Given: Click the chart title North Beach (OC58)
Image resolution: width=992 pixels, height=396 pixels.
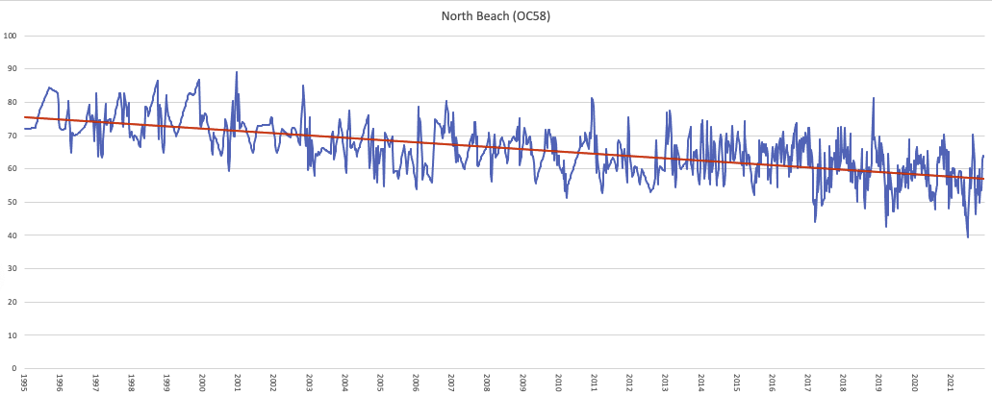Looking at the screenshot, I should click(496, 16).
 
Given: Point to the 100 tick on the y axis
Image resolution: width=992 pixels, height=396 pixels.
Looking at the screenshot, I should click(12, 36).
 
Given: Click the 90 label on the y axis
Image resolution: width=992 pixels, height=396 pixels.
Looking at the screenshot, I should click(12, 69).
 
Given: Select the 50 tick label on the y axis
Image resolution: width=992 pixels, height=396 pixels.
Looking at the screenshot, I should click(12, 202).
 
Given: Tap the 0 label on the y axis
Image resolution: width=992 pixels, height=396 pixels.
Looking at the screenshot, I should click(14, 368).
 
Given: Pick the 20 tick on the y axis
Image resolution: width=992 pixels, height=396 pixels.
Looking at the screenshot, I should click(12, 302).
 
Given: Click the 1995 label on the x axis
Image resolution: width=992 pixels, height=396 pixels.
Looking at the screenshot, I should click(24, 384).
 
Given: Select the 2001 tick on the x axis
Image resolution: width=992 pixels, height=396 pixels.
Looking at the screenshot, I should click(238, 384).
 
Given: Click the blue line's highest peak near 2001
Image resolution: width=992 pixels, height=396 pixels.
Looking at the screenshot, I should click(237, 72).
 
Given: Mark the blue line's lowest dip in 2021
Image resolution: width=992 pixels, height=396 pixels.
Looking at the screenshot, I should click(967, 236).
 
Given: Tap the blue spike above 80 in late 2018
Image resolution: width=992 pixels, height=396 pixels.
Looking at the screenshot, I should click(874, 98).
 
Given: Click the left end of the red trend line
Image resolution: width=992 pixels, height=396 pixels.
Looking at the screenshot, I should click(25, 117).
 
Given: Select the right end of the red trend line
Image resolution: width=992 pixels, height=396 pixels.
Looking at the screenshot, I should click(983, 179).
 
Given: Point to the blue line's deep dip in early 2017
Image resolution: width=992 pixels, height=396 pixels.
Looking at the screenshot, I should click(815, 222).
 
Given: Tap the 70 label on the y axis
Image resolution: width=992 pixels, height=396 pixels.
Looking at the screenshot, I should click(12, 136).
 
